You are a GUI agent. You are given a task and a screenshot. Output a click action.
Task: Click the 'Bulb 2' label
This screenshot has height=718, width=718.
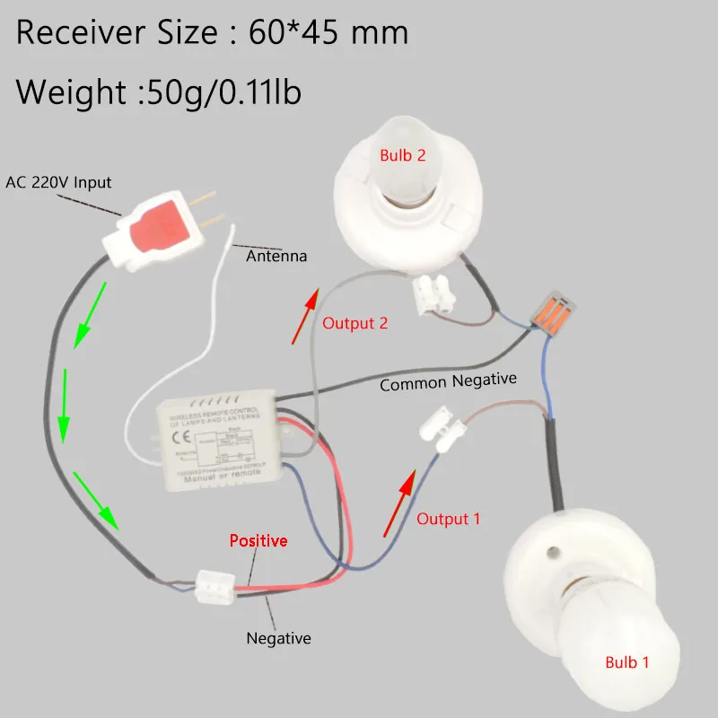click(402, 155)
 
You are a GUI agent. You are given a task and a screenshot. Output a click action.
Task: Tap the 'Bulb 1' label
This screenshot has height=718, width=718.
click(627, 662)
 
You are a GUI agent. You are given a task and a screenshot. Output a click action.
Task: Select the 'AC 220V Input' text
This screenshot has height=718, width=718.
click(58, 182)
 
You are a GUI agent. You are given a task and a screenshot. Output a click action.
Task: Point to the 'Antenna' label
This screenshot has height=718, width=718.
click(276, 256)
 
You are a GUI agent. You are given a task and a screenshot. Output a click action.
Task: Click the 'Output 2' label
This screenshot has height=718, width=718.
click(355, 323)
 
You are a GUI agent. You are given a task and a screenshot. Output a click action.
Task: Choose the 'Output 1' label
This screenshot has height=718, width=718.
click(448, 519)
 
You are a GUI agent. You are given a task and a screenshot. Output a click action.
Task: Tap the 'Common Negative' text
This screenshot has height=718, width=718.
click(448, 381)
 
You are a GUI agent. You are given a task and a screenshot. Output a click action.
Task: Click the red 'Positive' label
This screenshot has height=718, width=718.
click(258, 540)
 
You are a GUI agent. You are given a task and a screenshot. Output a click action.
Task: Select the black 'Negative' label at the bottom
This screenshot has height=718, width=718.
click(278, 638)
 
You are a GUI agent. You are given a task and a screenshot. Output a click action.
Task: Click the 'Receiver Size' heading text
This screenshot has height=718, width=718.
click(213, 34)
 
